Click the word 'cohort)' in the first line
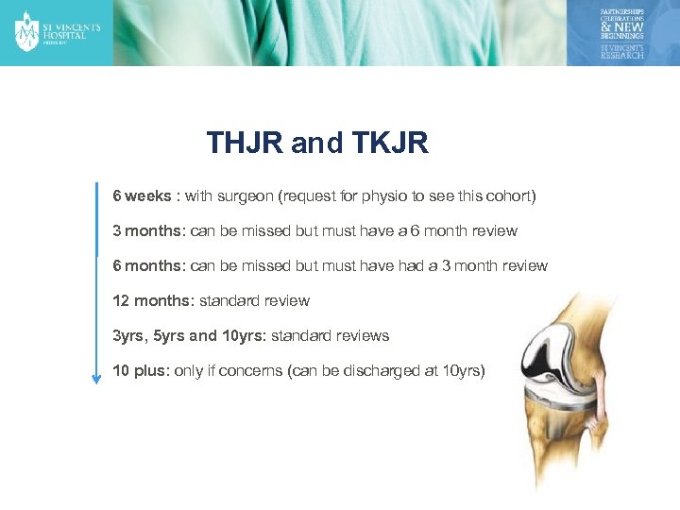pos(510,196)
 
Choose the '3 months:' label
pos(149,231)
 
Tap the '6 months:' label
pos(149,266)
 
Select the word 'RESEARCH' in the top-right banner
pos(622,55)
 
